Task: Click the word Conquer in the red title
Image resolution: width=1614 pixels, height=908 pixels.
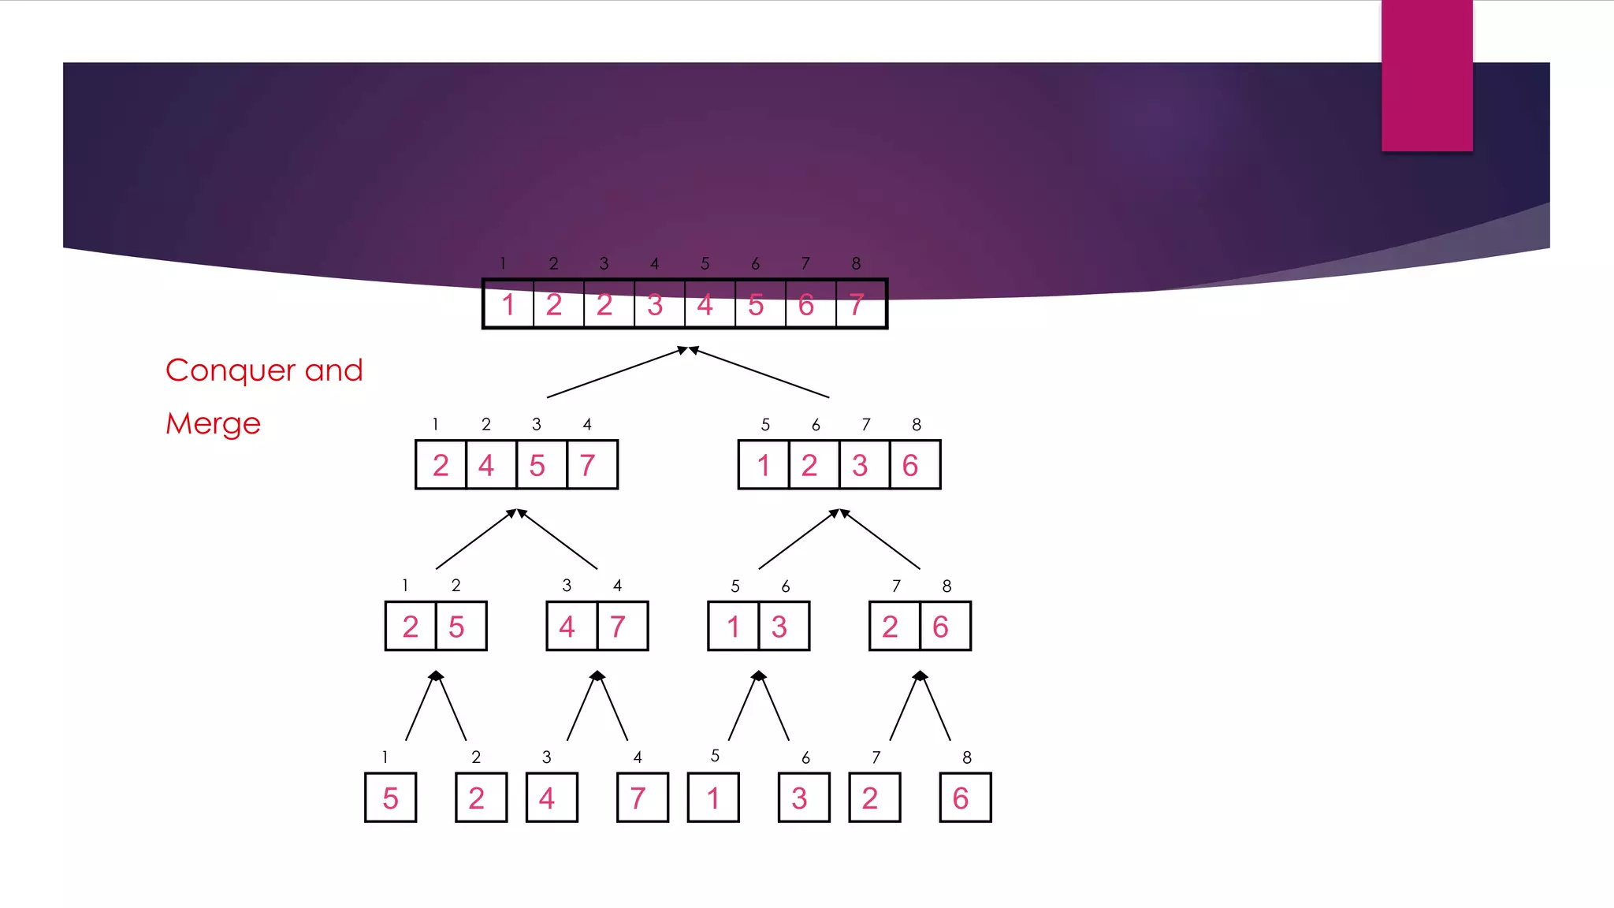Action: pos(231,370)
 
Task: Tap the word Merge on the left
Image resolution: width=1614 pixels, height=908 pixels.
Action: pos(213,424)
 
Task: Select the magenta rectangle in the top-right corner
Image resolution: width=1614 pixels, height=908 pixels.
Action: pos(1426,76)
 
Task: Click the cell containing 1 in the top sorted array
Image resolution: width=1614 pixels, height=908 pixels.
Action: pos(508,304)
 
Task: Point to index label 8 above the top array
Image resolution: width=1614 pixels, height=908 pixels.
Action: pos(856,263)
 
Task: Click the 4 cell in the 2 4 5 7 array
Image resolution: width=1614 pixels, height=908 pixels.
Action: pos(487,465)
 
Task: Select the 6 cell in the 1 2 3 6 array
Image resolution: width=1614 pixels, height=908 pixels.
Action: pos(913,465)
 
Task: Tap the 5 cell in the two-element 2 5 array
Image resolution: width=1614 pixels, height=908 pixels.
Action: pos(459,627)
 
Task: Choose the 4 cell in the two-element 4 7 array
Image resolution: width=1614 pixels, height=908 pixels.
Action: pos(569,627)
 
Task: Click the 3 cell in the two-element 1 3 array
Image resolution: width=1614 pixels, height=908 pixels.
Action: pos(782,627)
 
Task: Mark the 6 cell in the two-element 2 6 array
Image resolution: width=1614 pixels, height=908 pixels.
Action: pos(943,627)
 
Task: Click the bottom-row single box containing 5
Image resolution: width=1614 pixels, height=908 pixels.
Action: pos(391,798)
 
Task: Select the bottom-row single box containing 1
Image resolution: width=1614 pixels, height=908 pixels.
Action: pos(713,798)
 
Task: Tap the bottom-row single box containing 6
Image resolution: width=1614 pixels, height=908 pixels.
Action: pos(965,798)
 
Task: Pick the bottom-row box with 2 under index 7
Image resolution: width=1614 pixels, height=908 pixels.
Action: pos(874,798)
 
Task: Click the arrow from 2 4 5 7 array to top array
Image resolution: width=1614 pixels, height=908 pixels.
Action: pos(615,373)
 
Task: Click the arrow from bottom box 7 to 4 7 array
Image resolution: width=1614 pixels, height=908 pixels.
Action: pos(613,707)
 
